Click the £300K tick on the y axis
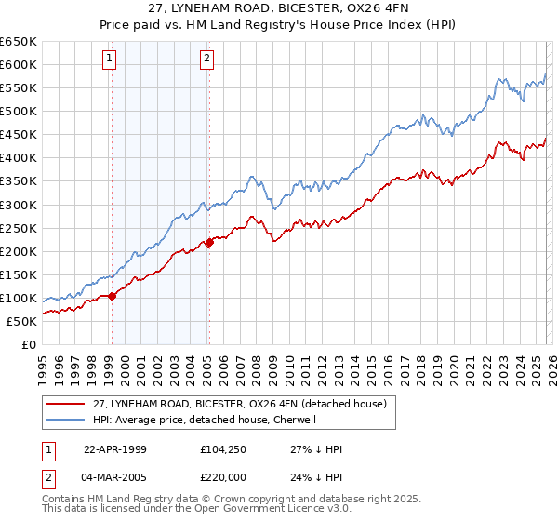click(19, 205)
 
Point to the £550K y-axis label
click(19, 87)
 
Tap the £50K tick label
click(22, 321)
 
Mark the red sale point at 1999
click(112, 296)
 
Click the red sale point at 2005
click(209, 242)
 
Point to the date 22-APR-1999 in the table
click(116, 449)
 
